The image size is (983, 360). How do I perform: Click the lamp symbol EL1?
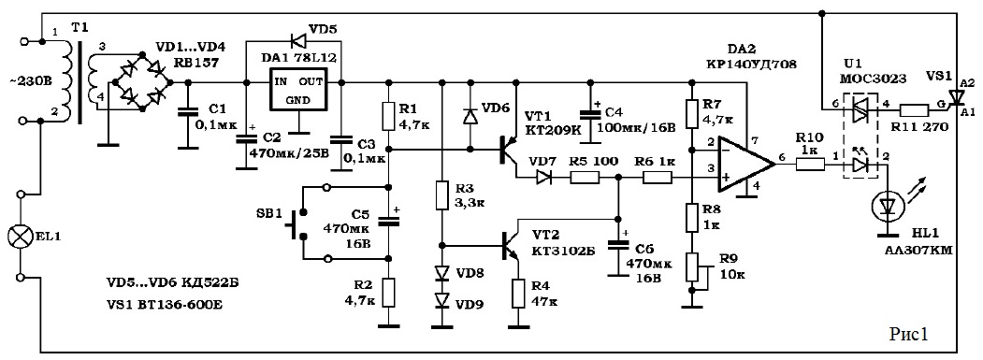(x=20, y=237)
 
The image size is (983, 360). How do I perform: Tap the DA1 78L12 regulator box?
(x=298, y=94)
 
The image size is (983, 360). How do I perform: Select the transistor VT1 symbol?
(x=508, y=151)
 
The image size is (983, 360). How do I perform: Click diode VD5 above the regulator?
(x=298, y=41)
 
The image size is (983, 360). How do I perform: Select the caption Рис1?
(x=908, y=334)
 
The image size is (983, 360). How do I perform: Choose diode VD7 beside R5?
(x=542, y=178)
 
